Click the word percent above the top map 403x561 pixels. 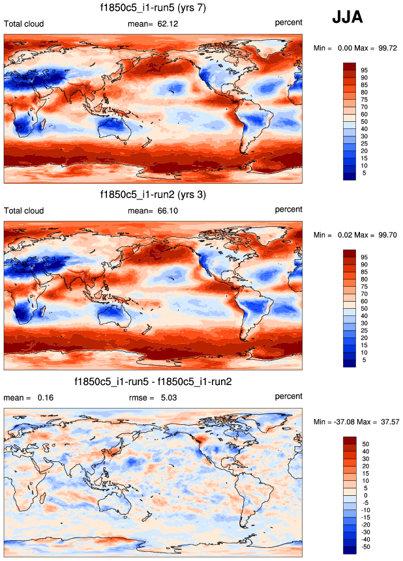pyautogui.click(x=288, y=23)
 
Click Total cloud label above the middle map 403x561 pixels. pyautogui.click(x=24, y=210)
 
